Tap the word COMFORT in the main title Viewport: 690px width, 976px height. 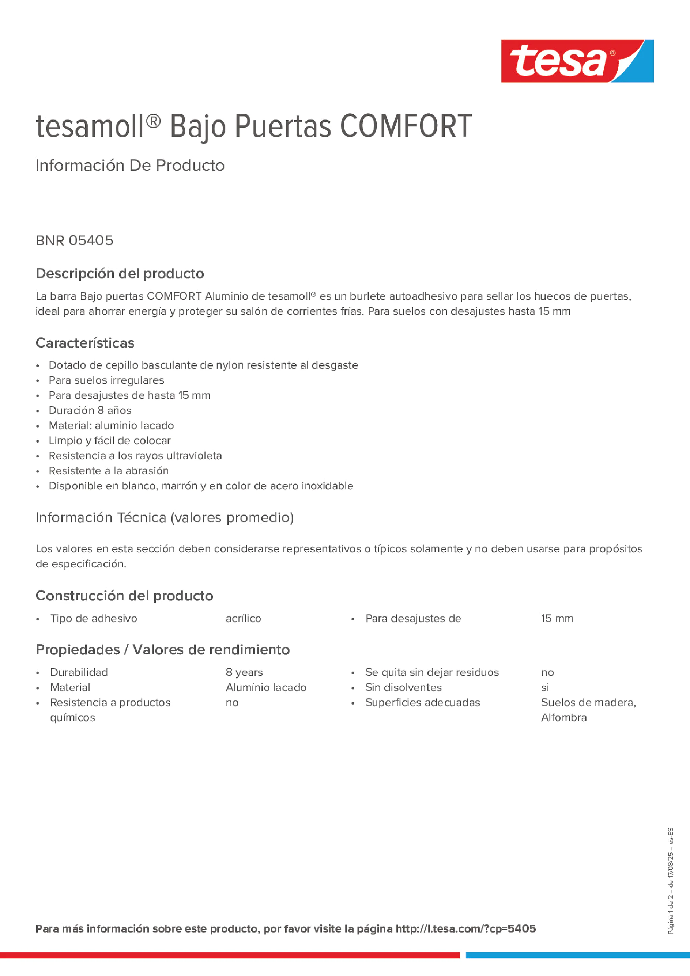406,126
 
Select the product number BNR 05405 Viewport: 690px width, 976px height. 75,240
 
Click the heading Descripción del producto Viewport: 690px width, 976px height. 120,273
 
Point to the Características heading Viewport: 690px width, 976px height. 85,343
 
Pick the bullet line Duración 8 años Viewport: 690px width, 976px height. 90,410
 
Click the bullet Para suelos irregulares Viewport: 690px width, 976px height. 106,380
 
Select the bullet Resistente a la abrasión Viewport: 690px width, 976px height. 109,471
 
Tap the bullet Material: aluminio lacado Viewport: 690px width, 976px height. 111,425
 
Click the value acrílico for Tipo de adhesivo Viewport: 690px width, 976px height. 243,619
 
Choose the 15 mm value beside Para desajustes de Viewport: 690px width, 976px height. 557,619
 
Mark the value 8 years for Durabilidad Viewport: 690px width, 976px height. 244,672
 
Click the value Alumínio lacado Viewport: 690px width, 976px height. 266,687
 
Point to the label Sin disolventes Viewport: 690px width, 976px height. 403,687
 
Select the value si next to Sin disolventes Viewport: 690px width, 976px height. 545,687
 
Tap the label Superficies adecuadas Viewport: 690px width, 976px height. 422,703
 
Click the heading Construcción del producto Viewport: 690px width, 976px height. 124,596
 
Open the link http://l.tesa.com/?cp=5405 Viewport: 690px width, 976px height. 465,929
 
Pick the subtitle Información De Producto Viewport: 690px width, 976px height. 130,166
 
